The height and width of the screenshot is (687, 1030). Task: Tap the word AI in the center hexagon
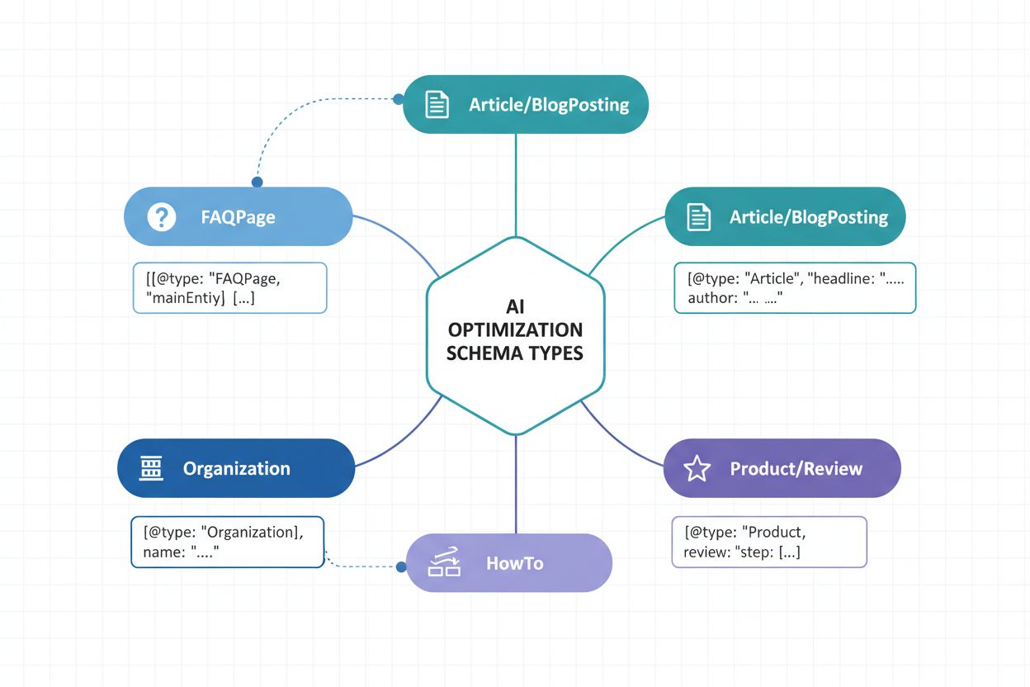(515, 306)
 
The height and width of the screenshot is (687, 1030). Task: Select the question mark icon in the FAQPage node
(161, 217)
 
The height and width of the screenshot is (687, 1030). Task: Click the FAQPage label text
(238, 218)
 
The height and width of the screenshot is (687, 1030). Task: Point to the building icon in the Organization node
(151, 468)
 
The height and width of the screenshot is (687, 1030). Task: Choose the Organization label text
(236, 469)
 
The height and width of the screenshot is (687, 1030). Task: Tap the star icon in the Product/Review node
(697, 469)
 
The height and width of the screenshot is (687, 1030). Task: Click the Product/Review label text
(796, 469)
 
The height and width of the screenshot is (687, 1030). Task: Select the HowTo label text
(514, 564)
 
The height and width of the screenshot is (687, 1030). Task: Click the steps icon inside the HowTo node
(444, 563)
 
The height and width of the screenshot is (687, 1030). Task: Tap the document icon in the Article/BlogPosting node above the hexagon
(437, 105)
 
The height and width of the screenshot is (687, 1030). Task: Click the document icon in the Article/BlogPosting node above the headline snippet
(698, 217)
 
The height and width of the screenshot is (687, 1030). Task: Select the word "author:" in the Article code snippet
(712, 298)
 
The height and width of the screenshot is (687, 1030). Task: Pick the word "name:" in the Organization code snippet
(163, 552)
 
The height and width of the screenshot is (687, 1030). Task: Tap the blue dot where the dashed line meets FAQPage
(257, 182)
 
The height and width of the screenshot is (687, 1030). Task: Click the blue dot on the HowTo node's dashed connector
(401, 566)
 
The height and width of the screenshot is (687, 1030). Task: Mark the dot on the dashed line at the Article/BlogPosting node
(399, 99)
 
